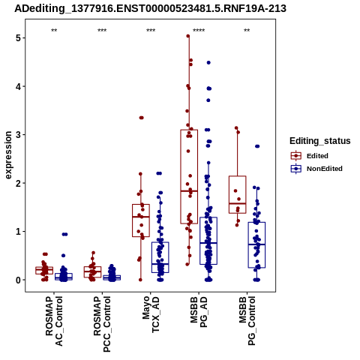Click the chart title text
[x=150, y=8]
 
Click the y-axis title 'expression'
[x=8, y=155]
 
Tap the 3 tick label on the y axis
[x=19, y=135]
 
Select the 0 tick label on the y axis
[x=19, y=280]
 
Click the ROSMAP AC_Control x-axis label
[x=54, y=321]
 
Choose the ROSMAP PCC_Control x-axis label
[x=102, y=324]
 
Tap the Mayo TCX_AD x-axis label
[x=151, y=314]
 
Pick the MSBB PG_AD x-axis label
[x=199, y=312]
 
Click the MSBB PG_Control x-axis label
[x=247, y=321]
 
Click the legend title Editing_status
[x=320, y=141]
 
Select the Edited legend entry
[x=309, y=156]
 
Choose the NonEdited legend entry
[x=316, y=169]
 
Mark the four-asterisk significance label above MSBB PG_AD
[x=199, y=31]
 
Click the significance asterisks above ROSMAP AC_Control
[x=54, y=31]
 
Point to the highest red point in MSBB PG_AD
[x=188, y=36]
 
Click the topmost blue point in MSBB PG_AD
[x=208, y=62]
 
